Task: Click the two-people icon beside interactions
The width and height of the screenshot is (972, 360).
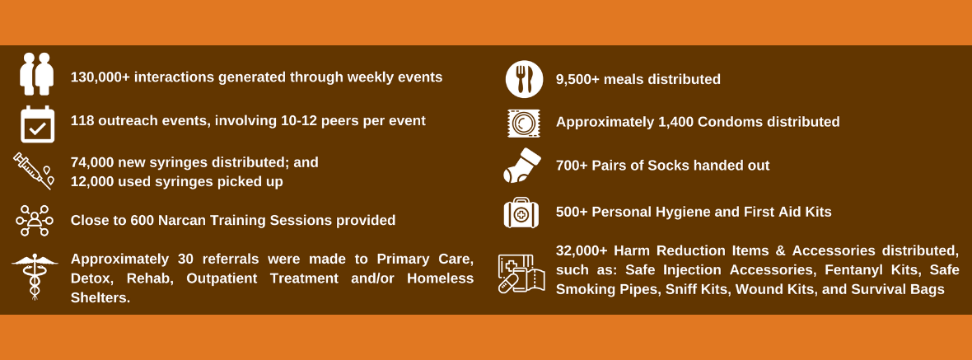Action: [36, 74]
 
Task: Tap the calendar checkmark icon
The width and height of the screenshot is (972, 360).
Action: [37, 124]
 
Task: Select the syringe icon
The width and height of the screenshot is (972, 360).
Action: [34, 171]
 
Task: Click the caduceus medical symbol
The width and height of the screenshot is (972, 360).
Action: [35, 277]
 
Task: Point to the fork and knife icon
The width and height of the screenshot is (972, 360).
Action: [524, 79]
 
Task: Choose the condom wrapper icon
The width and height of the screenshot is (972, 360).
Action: [524, 124]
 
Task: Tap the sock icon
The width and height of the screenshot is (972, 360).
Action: [522, 166]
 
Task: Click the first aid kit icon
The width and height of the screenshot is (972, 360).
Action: [521, 213]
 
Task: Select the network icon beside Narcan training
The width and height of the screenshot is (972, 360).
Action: [34, 221]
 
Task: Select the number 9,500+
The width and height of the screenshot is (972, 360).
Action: [577, 79]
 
